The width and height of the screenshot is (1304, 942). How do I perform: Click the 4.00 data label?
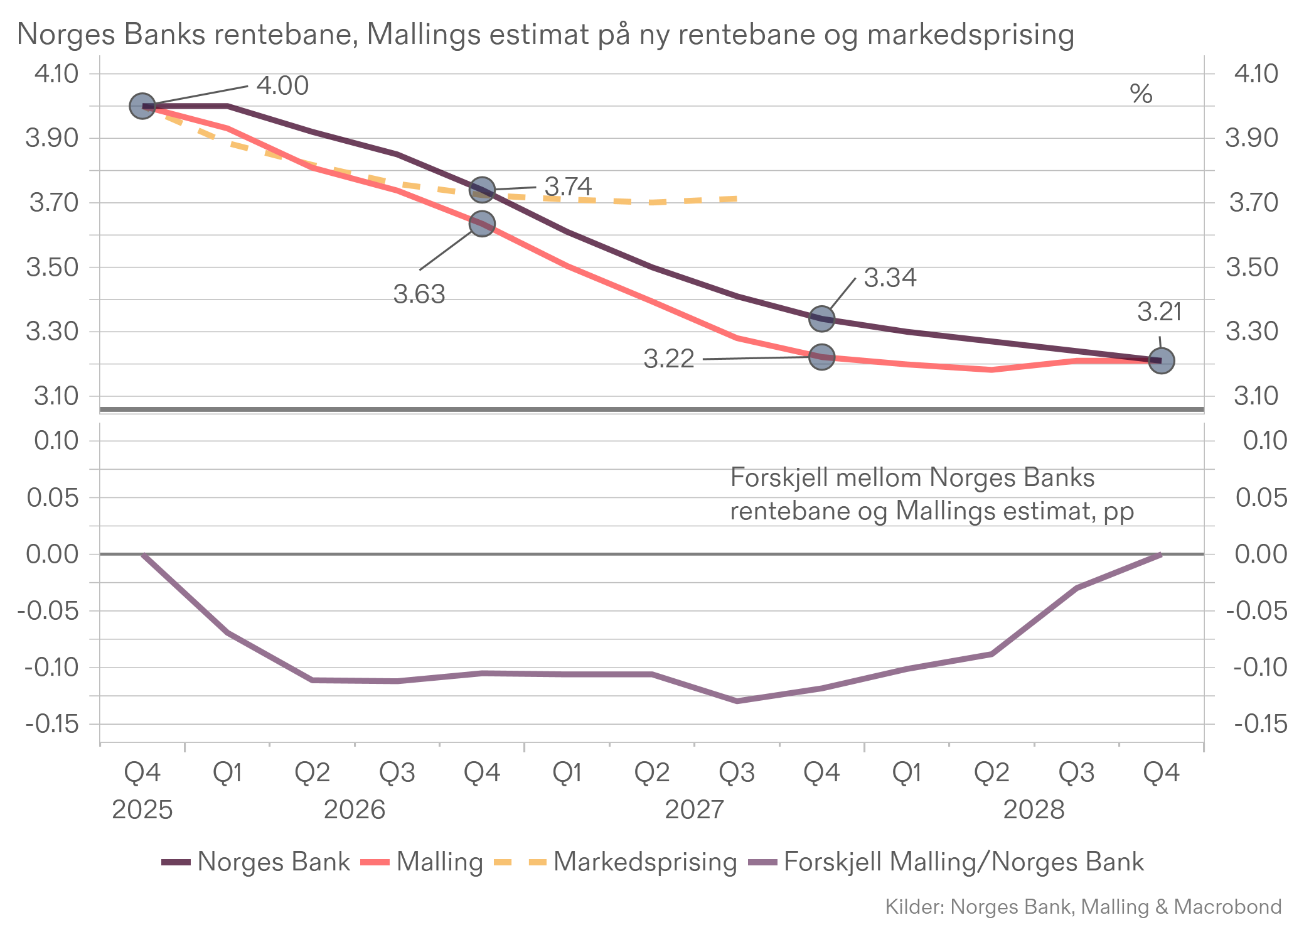[282, 86]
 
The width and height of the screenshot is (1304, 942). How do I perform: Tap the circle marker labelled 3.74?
[482, 190]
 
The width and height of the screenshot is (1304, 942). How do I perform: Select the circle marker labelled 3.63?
[482, 224]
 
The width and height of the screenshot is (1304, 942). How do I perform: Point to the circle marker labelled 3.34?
[821, 319]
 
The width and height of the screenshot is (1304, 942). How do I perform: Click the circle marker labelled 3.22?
[821, 357]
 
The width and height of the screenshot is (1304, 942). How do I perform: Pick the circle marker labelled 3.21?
[1161, 360]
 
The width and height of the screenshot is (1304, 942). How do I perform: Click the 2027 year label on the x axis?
[694, 810]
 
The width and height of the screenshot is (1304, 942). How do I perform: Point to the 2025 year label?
[142, 810]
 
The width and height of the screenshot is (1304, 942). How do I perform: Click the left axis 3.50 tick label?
[52, 268]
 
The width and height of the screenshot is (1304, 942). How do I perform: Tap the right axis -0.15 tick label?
[1260, 724]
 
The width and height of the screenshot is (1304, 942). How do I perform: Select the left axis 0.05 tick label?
[53, 498]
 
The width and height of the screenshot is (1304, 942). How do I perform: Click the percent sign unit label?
[1141, 94]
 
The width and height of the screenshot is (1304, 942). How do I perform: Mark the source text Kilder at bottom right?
[1083, 907]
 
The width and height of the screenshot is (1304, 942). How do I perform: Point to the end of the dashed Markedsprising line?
[735, 199]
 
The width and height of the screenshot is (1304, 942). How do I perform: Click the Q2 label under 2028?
[991, 772]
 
